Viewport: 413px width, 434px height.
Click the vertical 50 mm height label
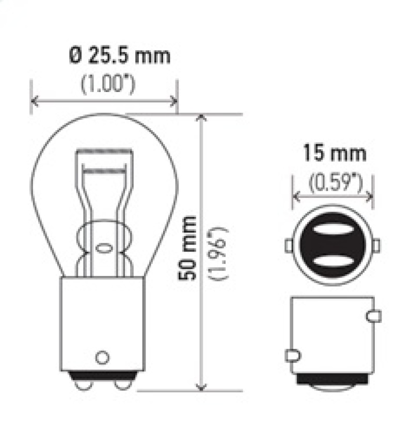pyautogui.click(x=189, y=247)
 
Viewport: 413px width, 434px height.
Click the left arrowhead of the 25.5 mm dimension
pyautogui.click(x=34, y=100)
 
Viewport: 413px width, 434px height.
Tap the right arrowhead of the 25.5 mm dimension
pyautogui.click(x=174, y=100)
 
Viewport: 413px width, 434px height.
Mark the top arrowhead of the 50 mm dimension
pyautogui.click(x=202, y=118)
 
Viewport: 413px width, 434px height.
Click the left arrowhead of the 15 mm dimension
pyautogui.click(x=296, y=196)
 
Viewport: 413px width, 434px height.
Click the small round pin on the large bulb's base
pyautogui.click(x=103, y=357)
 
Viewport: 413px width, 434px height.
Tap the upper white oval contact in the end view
pyautogui.click(x=333, y=228)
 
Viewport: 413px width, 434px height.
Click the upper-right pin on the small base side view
pyautogui.click(x=374, y=315)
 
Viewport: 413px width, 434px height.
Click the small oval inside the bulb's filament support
pyautogui.click(x=103, y=247)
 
